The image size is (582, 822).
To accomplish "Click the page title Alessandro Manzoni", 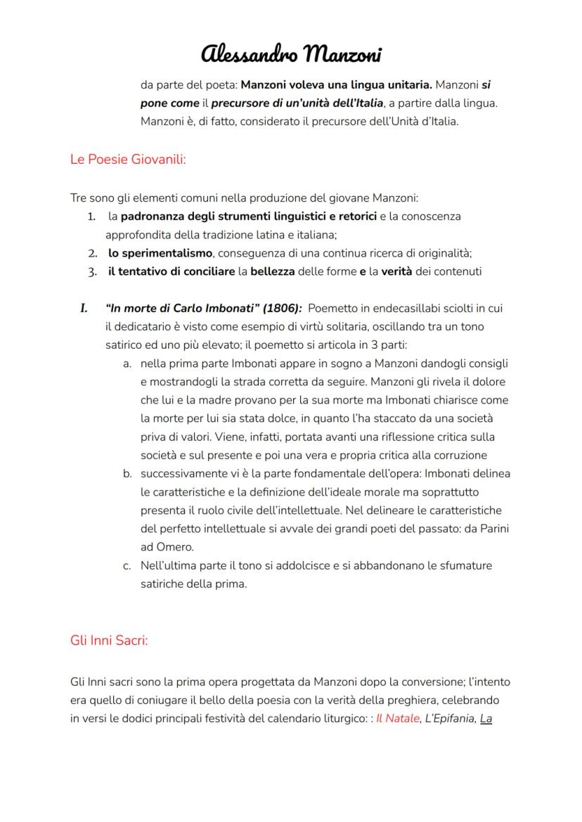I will [292, 54].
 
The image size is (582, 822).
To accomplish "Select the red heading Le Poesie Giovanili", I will [128, 159].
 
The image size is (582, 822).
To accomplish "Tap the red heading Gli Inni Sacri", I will [109, 641].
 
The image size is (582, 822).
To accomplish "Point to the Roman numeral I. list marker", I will [83, 308].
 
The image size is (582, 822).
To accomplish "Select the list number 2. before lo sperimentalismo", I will [93, 253].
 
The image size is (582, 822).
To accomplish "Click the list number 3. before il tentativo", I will [93, 271].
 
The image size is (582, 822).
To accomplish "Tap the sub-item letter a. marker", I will [127, 364].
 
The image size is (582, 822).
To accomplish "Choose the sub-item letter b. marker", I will [127, 473].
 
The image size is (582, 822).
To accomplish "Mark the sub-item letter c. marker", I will [127, 565].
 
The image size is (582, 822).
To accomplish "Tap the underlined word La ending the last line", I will [486, 719].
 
